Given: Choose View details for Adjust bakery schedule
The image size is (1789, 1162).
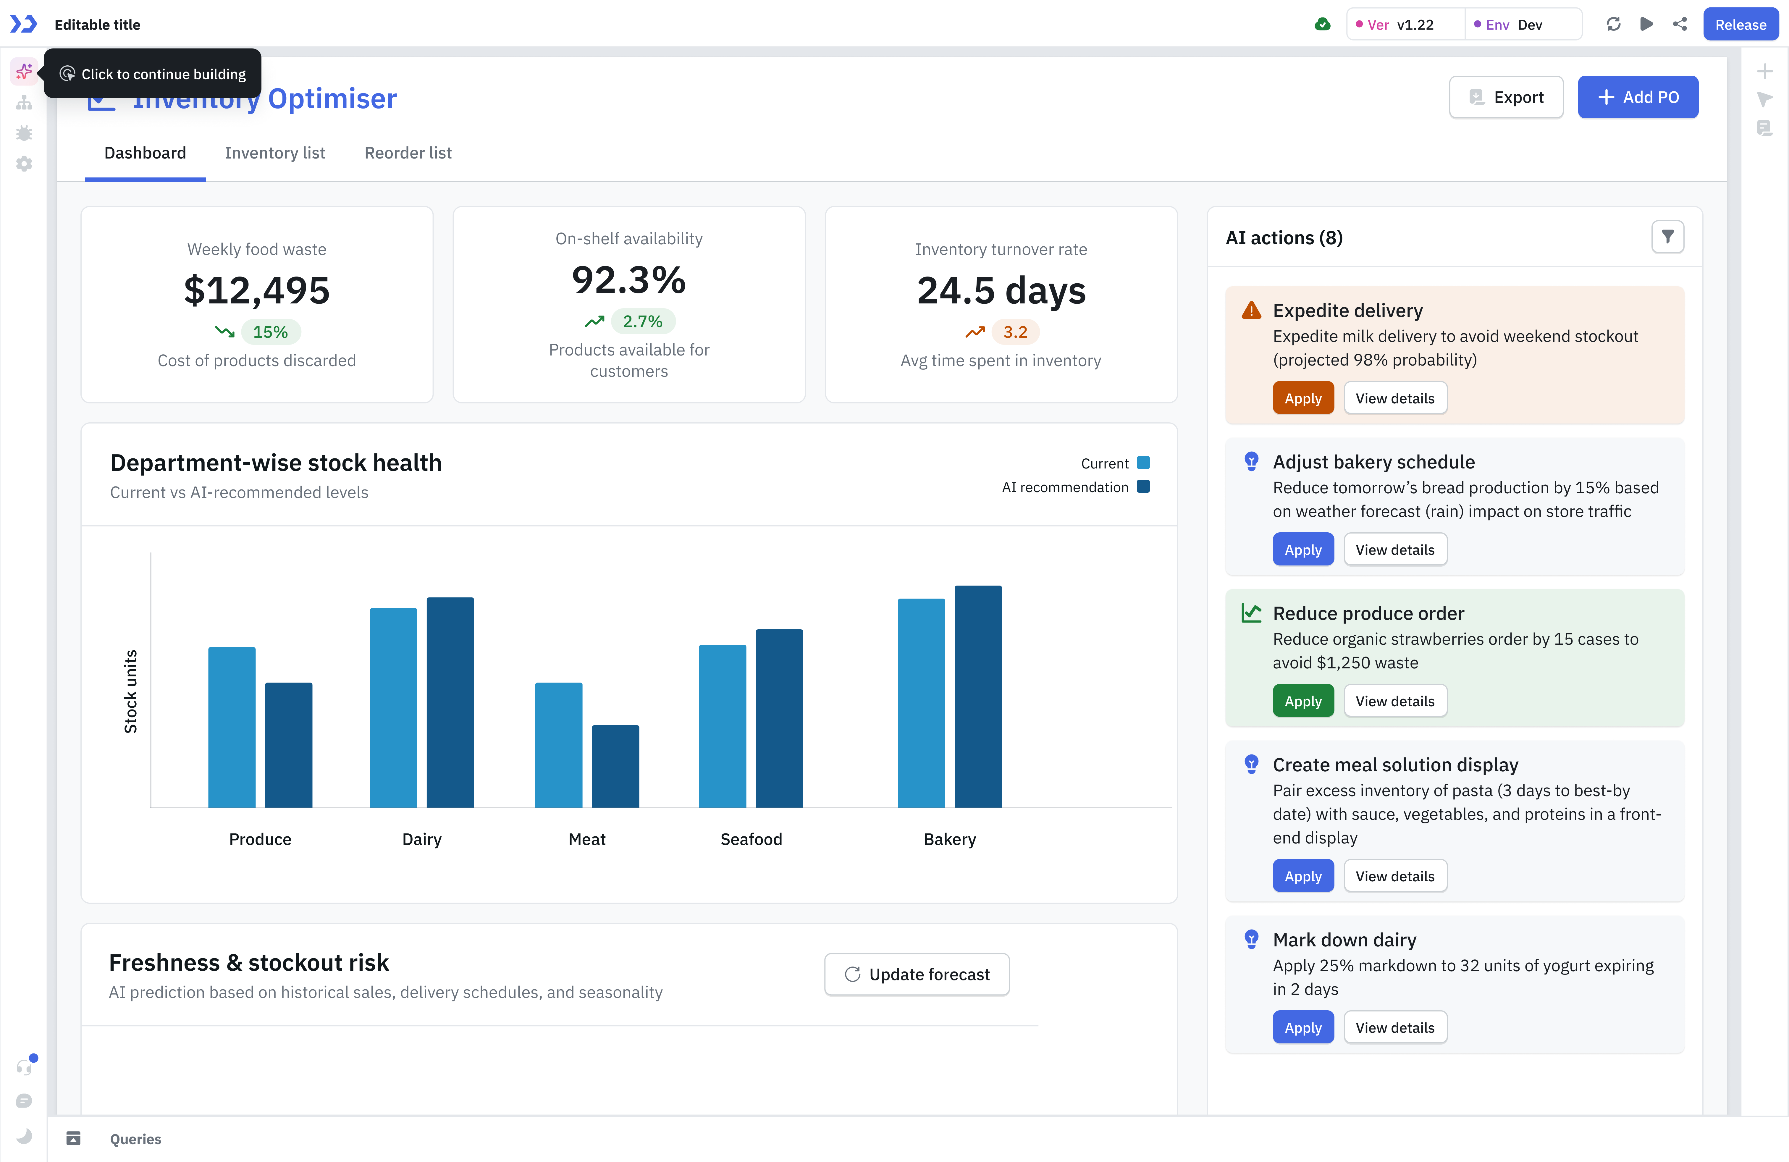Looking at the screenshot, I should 1394,550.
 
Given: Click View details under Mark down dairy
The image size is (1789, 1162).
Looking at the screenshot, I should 1394,1027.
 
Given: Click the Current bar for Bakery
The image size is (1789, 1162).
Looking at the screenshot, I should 921,703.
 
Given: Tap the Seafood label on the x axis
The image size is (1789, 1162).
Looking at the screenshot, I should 751,840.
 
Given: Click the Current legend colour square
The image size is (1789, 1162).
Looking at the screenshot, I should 1142,463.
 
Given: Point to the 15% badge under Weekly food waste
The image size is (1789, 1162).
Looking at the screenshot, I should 270,332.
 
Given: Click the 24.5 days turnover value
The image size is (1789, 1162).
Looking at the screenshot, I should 1001,291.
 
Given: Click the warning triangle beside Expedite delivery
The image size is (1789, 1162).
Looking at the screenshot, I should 1251,311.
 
